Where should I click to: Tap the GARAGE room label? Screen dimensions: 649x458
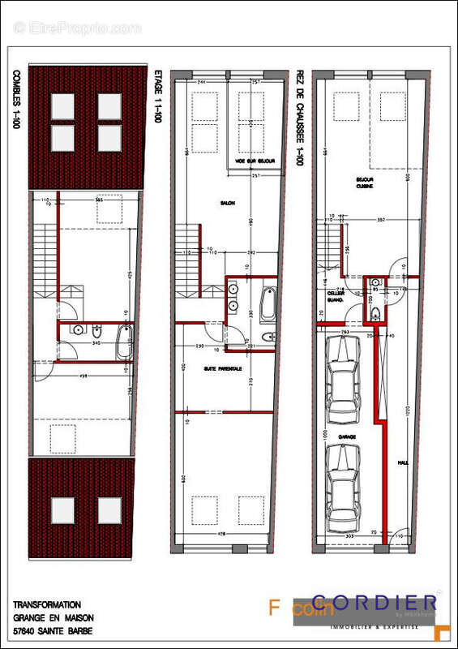tap(348, 436)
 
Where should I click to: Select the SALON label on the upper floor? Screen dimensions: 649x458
tap(227, 204)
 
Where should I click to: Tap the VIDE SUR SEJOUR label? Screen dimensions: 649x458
tap(255, 161)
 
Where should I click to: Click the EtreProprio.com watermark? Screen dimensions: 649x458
tap(78, 28)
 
